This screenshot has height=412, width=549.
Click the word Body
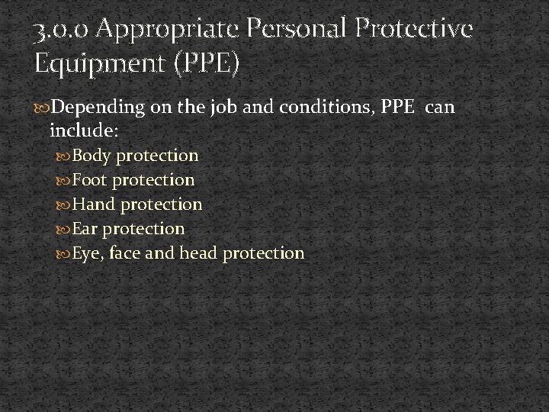tap(91, 156)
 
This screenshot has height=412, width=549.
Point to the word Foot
tap(91, 180)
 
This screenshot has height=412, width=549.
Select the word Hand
tap(94, 204)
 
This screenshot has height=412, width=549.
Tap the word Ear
tap(86, 228)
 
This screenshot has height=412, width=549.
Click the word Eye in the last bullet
tap(88, 253)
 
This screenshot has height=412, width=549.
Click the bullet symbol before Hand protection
tap(65, 205)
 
